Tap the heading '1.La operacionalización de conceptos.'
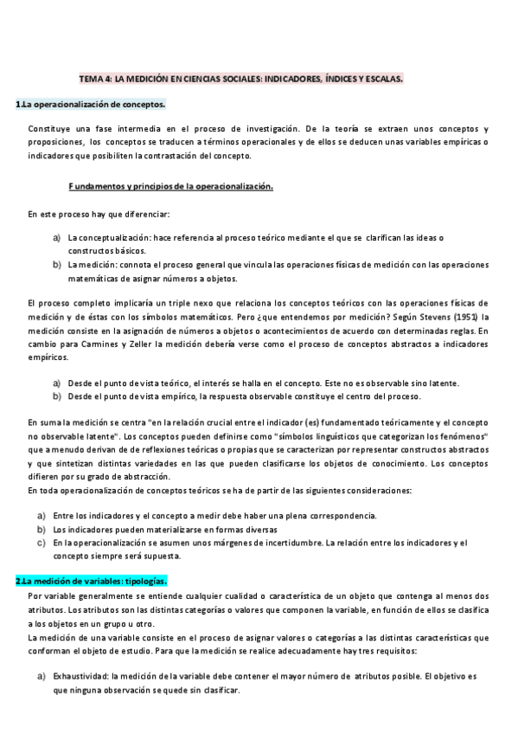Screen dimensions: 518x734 coord(90,105)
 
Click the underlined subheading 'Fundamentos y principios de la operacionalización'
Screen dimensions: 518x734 coord(170,186)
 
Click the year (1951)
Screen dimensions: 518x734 coord(458,316)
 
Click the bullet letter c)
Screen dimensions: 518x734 coord(42,543)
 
